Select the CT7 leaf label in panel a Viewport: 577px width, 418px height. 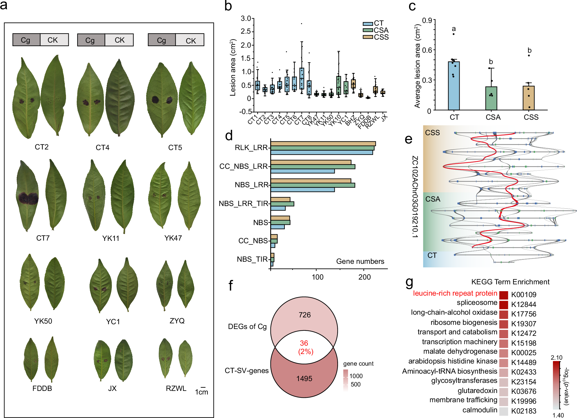43,238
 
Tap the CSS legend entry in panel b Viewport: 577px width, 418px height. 381,37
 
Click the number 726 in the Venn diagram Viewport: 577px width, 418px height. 304,315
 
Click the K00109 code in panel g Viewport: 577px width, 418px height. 523,295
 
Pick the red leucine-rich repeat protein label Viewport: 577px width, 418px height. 455,294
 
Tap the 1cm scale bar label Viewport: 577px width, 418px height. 202,392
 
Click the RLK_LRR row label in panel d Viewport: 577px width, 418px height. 251,148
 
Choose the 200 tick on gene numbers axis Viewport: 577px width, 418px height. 364,277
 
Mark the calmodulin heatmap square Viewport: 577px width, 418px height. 504,411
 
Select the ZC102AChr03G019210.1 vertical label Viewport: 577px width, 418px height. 415,196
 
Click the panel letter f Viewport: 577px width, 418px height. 230,285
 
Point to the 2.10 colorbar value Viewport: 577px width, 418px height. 556,358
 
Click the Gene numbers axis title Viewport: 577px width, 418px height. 360,261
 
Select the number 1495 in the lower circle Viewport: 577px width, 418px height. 304,379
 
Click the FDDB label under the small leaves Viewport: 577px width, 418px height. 42,389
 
